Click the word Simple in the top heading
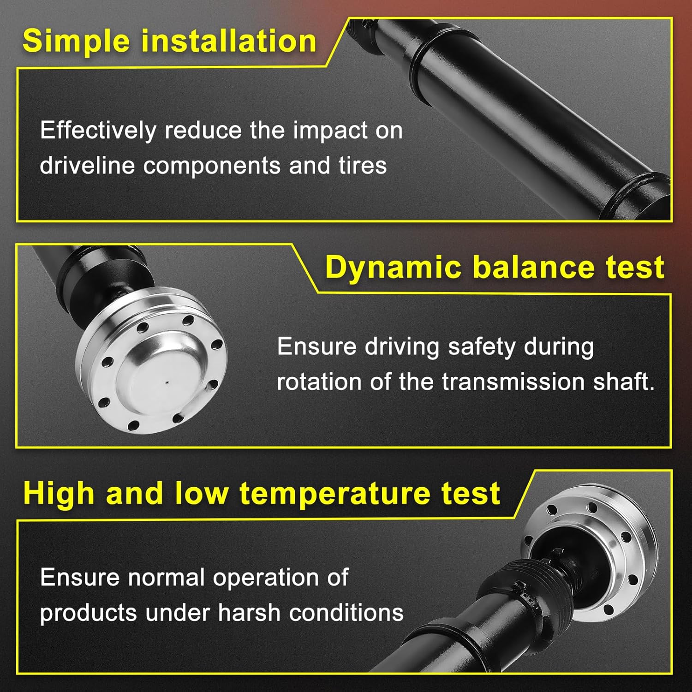tap(77, 42)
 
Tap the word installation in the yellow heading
tap(229, 41)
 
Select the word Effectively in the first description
tap(98, 131)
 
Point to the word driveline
tap(87, 166)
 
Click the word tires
tap(363, 166)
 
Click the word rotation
tap(319, 382)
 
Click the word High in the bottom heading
tap(59, 494)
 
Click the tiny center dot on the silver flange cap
tap(167, 382)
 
